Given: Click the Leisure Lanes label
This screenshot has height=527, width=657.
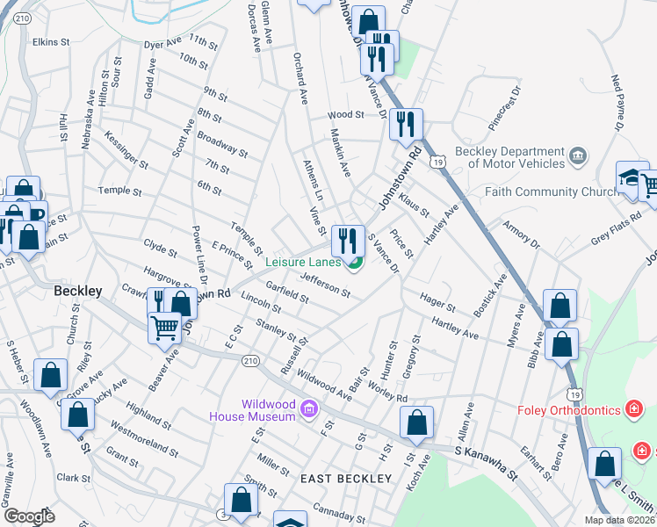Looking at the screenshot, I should pyautogui.click(x=303, y=262).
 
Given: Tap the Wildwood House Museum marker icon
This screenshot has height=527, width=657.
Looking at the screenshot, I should pyautogui.click(x=307, y=408).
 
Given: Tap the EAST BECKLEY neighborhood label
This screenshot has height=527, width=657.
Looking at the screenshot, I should pyautogui.click(x=345, y=479).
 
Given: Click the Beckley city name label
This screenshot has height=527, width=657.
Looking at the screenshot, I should pyautogui.click(x=78, y=291).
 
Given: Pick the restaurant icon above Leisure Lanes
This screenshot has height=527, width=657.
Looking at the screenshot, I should pyautogui.click(x=348, y=239).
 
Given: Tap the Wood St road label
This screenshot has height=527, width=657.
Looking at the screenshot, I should pyautogui.click(x=345, y=115).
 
